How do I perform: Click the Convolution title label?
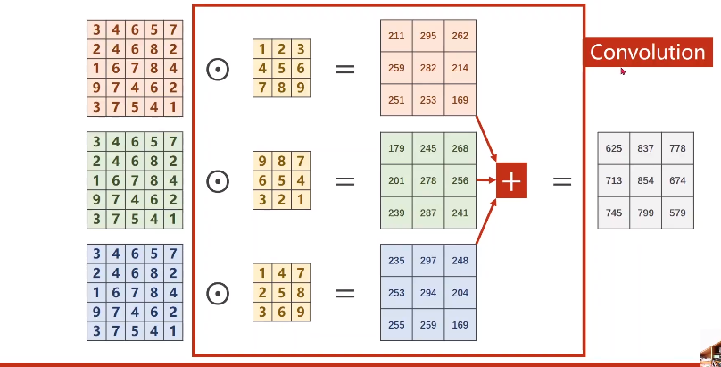coord(648,52)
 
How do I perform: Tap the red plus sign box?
coord(511,181)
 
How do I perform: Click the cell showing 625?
coord(614,148)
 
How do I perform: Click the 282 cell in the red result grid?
coord(428,67)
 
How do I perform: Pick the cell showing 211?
coord(396,36)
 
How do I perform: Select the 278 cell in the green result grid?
coord(428,180)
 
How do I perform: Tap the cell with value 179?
coord(396,148)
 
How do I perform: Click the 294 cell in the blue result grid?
coord(428,293)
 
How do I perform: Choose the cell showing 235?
coord(396,261)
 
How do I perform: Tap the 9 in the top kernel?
coord(301,87)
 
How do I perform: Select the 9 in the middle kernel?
coord(262,162)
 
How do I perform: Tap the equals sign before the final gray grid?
coord(561,181)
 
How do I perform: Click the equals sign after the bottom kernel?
coord(344,294)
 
